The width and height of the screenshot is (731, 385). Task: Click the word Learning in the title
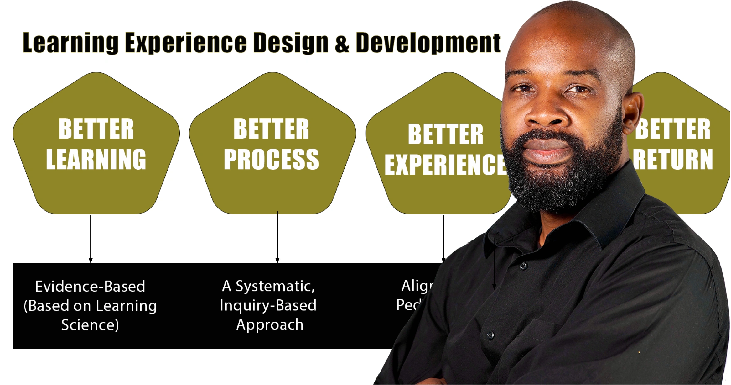(x=71, y=43)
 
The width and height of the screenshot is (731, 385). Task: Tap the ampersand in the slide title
(x=342, y=44)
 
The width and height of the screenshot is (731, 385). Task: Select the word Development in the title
(x=428, y=43)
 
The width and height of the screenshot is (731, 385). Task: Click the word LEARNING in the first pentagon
(x=96, y=159)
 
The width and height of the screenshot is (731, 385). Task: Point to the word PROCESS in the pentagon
(x=271, y=159)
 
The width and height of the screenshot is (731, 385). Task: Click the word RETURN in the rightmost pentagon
(x=673, y=159)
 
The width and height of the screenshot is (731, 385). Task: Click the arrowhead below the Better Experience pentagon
(x=443, y=260)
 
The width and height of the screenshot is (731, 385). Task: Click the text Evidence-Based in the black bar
(x=90, y=287)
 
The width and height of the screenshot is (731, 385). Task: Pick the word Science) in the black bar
(x=90, y=325)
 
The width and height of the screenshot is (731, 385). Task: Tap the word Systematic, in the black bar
(x=275, y=287)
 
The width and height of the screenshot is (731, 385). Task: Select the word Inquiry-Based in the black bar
(x=268, y=306)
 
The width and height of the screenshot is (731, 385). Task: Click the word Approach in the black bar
(x=270, y=325)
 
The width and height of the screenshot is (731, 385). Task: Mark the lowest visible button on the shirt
(x=490, y=335)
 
